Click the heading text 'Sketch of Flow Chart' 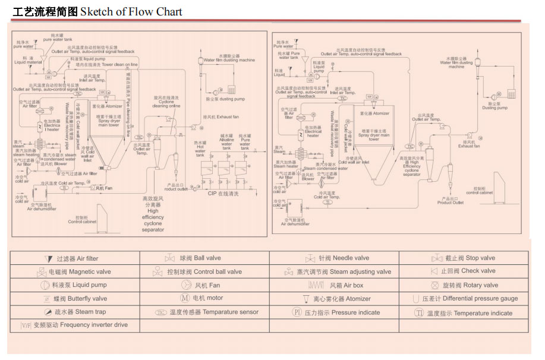[x=131, y=11]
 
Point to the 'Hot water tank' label [x=200, y=147]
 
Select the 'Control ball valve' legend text [x=204, y=272]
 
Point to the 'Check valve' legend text [x=468, y=271]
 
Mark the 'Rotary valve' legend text [x=471, y=285]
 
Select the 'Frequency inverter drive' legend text [x=80, y=326]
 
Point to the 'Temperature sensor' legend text [x=214, y=312]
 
